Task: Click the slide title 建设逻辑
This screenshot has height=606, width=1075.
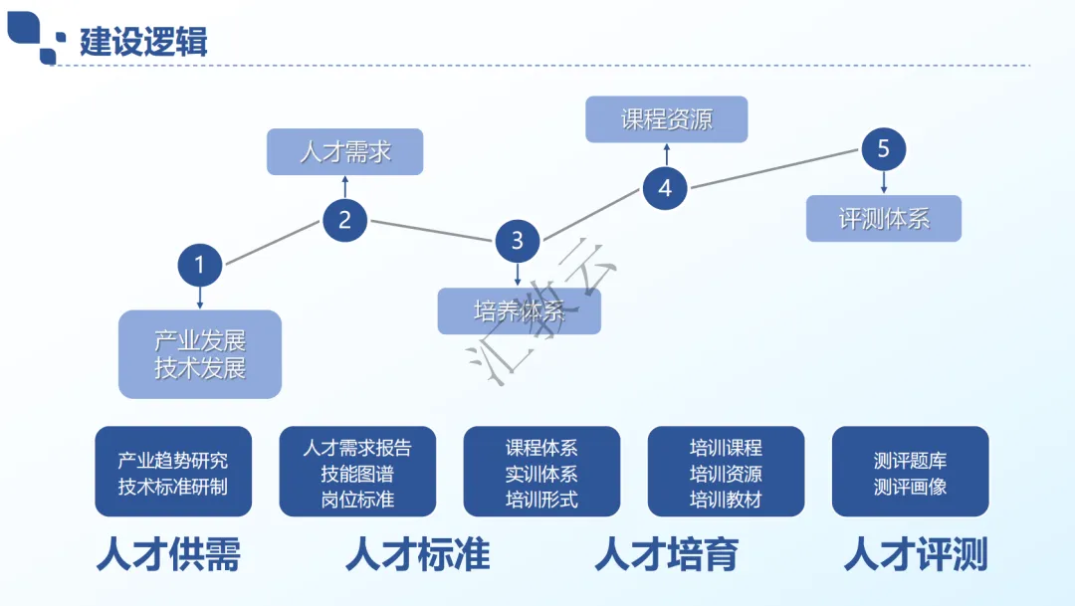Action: click(x=143, y=43)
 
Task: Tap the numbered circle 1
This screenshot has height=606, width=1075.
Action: click(x=200, y=265)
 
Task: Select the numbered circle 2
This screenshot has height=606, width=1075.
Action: click(x=344, y=220)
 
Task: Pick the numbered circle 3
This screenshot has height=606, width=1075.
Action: click(x=518, y=240)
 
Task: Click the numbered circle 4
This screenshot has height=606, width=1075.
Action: click(x=665, y=187)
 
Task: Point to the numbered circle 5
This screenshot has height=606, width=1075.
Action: click(x=884, y=150)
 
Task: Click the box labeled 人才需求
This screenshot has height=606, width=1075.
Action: click(x=345, y=152)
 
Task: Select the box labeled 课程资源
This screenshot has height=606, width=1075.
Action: click(x=667, y=119)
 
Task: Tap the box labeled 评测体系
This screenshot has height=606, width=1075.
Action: click(x=884, y=219)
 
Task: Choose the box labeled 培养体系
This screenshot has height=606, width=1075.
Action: click(x=520, y=311)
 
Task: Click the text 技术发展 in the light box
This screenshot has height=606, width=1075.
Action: click(x=200, y=369)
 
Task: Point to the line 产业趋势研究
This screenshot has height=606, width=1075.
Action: click(x=173, y=461)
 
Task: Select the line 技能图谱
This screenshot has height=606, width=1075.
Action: click(x=357, y=473)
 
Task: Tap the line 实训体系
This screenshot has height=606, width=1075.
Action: click(x=541, y=474)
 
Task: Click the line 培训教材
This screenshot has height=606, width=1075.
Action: click(x=726, y=499)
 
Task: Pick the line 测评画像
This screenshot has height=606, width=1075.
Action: click(x=910, y=487)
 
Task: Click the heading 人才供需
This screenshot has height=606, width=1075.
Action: click(x=168, y=554)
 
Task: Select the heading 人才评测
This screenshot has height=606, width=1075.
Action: click(x=916, y=554)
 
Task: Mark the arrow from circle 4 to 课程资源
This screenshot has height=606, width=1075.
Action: click(x=667, y=155)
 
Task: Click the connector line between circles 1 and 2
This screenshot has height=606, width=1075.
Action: click(x=272, y=243)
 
